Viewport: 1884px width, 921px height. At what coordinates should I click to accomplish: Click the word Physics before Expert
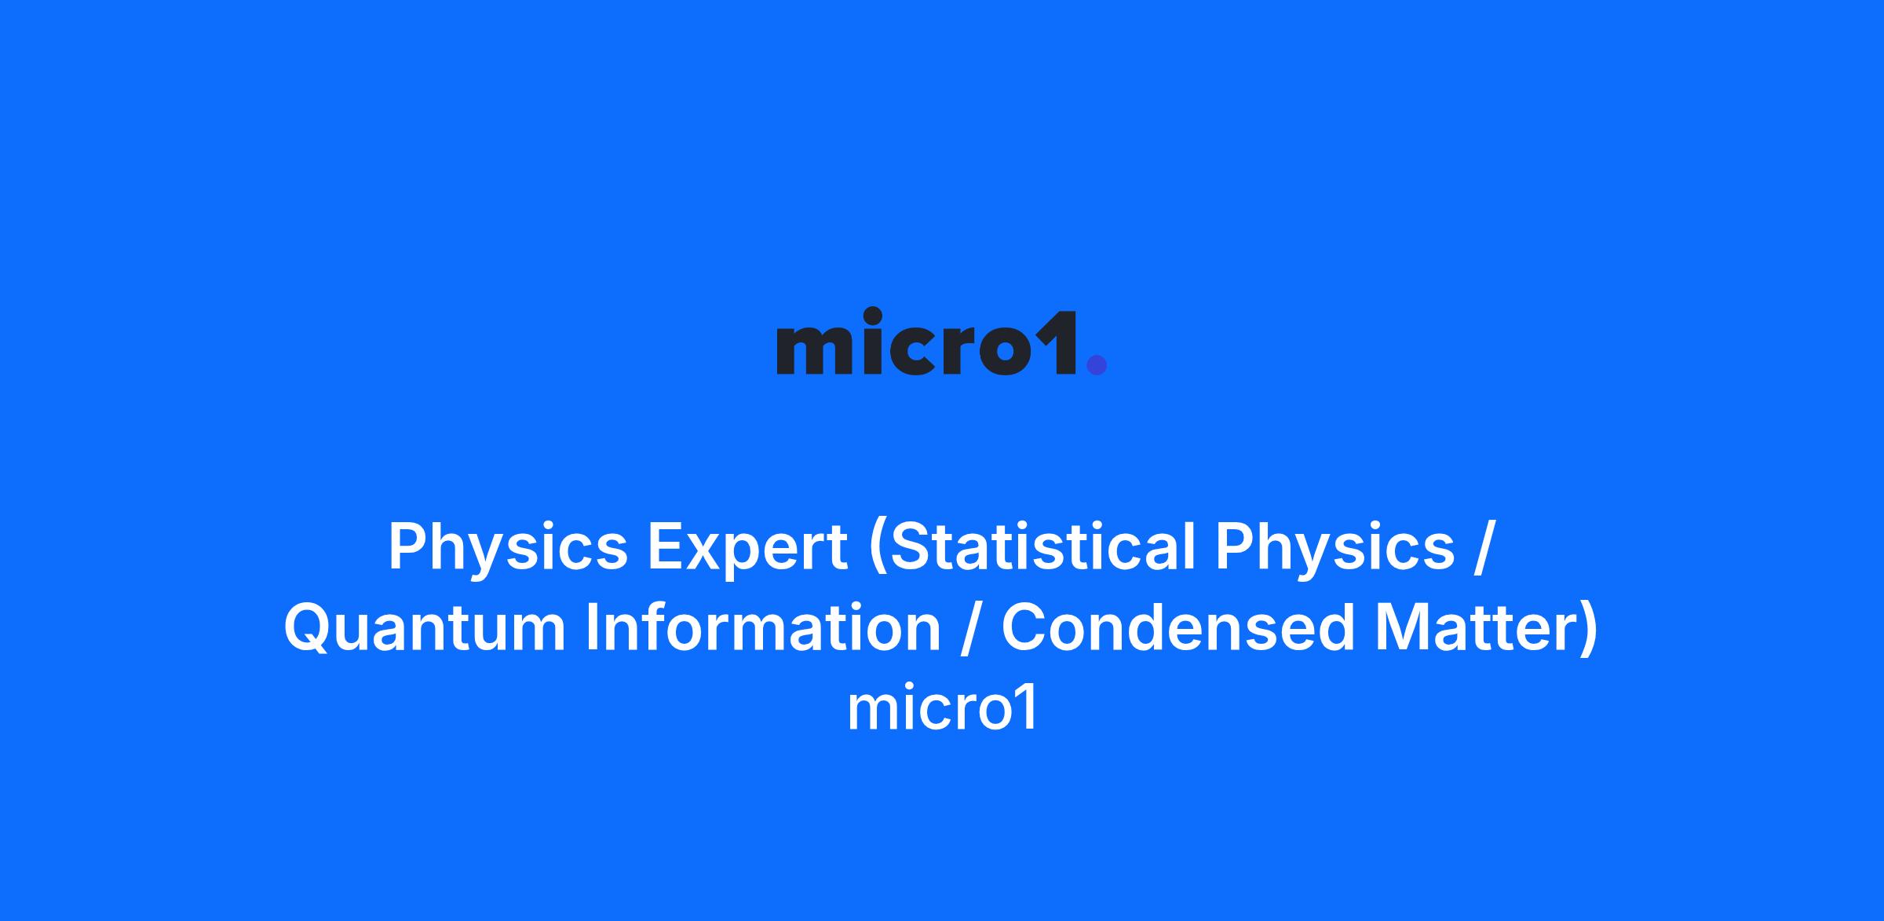508,549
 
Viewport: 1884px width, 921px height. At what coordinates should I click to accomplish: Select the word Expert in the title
747,549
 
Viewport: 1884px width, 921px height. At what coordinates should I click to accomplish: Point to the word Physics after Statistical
1335,549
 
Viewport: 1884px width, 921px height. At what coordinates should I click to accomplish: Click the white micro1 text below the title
942,708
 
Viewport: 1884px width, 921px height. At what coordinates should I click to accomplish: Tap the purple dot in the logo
1096,364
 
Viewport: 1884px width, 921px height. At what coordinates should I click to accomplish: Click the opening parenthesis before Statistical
877,551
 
